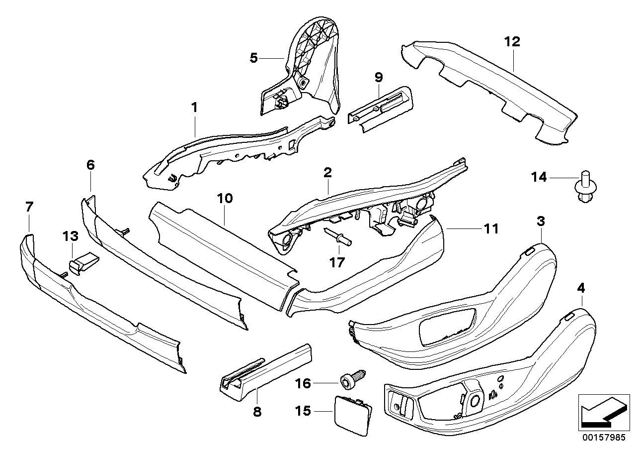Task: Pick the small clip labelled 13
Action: click(82, 261)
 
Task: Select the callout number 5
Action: click(254, 58)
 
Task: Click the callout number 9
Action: click(379, 77)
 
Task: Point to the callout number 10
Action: click(224, 199)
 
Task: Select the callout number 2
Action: click(327, 173)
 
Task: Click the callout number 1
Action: click(195, 107)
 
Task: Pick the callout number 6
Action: click(90, 165)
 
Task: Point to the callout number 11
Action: click(491, 228)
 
